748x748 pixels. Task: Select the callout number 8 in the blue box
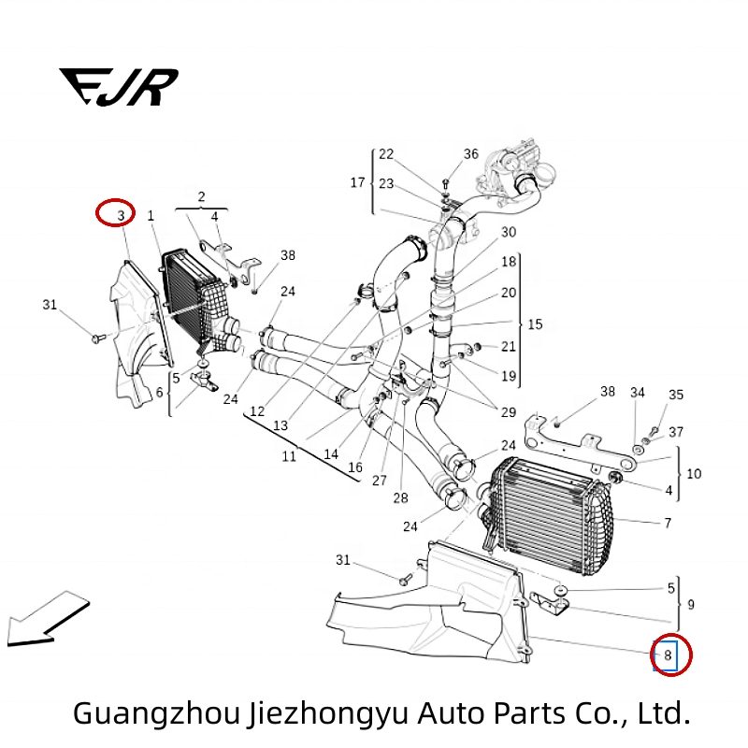(x=668, y=655)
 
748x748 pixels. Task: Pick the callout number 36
(x=470, y=154)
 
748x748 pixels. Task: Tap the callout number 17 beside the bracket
(x=357, y=182)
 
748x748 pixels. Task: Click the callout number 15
(x=535, y=324)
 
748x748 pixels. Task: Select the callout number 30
(x=508, y=232)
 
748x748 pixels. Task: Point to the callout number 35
(x=676, y=396)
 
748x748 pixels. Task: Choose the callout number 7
(x=667, y=523)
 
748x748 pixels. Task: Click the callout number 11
(x=289, y=456)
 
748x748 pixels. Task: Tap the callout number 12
(x=256, y=411)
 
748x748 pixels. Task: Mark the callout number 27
(x=379, y=481)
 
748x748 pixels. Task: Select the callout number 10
(x=693, y=474)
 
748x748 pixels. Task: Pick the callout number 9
(x=690, y=604)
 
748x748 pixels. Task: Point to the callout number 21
(x=508, y=346)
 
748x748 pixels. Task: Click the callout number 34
(x=637, y=393)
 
